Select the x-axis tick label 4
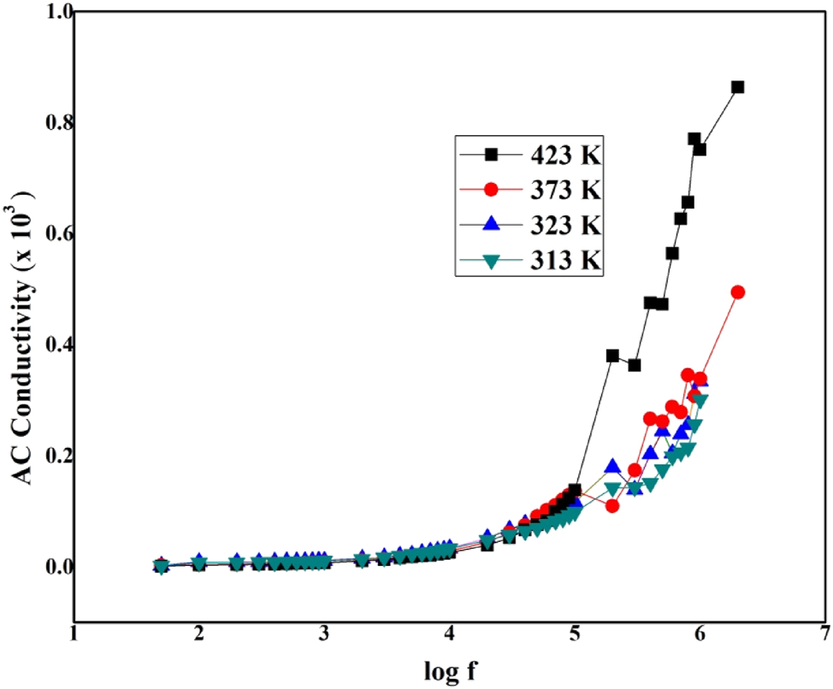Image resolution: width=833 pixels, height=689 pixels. click(450, 633)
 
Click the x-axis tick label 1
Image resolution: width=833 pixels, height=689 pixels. click(74, 633)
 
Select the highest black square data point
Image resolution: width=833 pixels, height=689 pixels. click(737, 87)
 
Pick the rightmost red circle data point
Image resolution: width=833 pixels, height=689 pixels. click(738, 292)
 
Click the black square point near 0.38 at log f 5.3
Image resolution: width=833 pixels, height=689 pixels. click(612, 356)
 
